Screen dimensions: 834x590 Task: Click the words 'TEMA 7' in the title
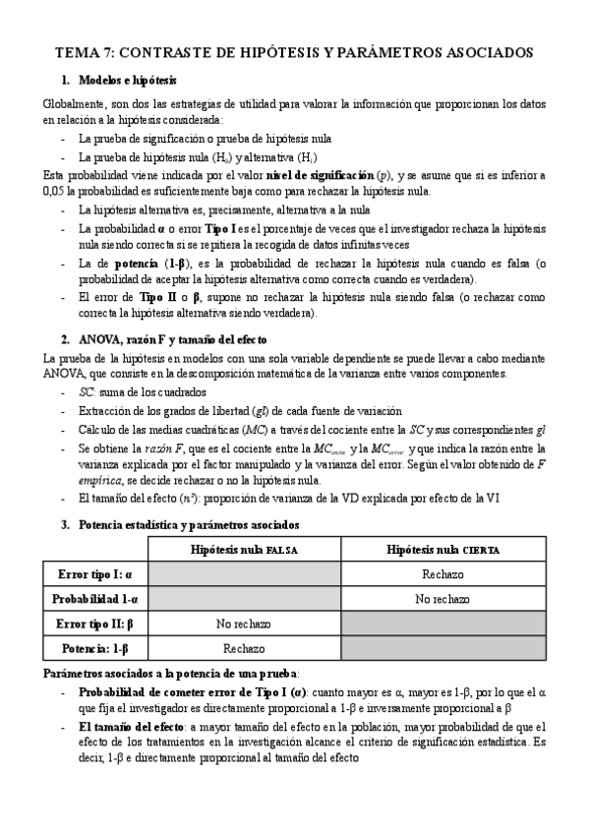[87, 53]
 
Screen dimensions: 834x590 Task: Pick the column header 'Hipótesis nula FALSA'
[244, 550]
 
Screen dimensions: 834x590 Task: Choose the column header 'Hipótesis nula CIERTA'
[441, 550]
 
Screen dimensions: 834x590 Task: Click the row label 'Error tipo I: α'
[95, 574]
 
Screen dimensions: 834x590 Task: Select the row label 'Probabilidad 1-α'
[95, 599]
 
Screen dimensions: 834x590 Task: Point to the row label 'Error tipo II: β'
[95, 624]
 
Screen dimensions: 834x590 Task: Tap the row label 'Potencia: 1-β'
[95, 648]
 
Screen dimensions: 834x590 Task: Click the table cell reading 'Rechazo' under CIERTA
[441, 574]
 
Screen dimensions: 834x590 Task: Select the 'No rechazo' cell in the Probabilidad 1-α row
[441, 599]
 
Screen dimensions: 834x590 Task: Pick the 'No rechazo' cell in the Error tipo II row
[244, 624]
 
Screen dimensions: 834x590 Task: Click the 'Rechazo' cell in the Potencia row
[244, 648]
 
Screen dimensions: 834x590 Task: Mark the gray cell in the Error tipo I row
[244, 574]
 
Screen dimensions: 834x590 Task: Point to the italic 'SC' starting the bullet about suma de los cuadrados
[87, 392]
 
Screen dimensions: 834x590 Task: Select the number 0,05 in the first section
[57, 190]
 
